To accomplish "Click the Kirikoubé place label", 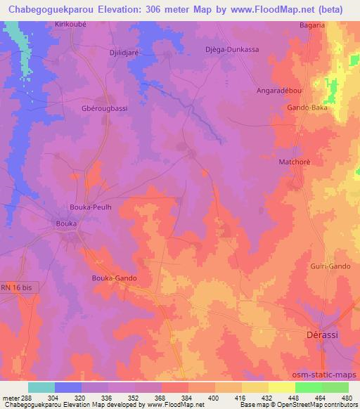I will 70,23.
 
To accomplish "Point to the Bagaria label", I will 311,25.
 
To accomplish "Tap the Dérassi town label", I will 324,335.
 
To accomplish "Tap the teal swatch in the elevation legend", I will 41,387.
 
